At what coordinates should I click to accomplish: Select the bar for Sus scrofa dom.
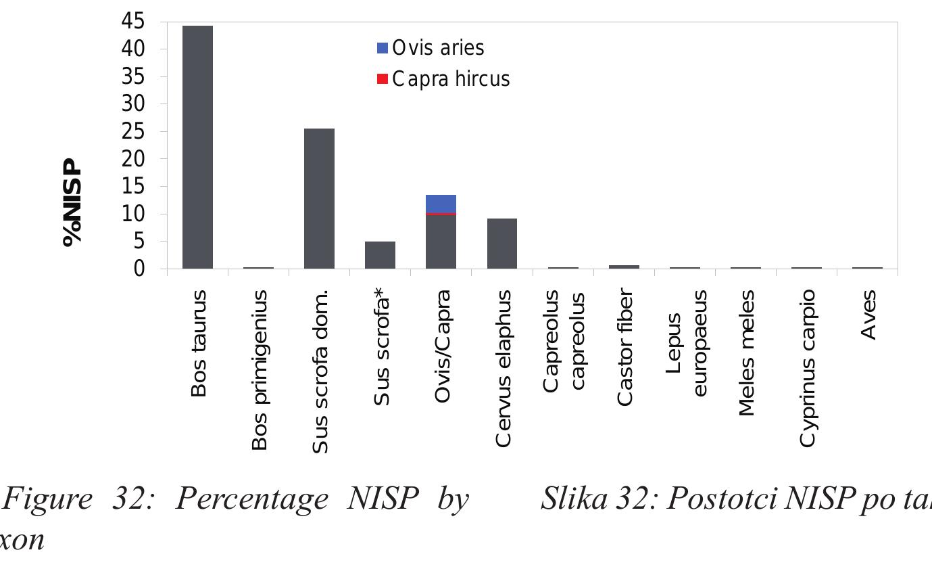tap(319, 199)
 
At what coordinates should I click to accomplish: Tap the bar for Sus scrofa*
tap(380, 255)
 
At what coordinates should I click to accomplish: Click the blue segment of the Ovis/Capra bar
tap(441, 204)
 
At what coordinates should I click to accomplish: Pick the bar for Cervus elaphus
tap(501, 244)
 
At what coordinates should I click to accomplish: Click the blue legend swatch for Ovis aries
tap(383, 48)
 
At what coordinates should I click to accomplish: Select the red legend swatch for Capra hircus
tap(383, 79)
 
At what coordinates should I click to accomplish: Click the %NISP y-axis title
tap(72, 203)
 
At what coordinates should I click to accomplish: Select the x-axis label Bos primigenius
tap(260, 370)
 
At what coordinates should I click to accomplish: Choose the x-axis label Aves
tap(868, 315)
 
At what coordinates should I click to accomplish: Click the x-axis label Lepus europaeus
tap(686, 343)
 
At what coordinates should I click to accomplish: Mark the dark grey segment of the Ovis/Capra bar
tap(441, 242)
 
